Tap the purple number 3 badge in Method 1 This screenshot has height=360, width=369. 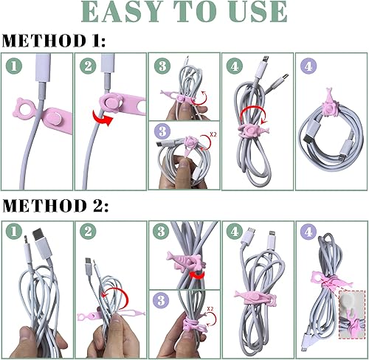pyautogui.click(x=161, y=133)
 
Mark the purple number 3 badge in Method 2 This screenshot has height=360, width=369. pyautogui.click(x=161, y=300)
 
